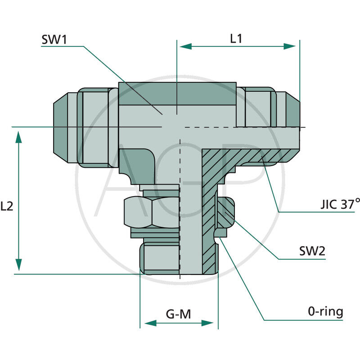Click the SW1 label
pyautogui.click(x=54, y=39)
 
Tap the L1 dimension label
pyautogui.click(x=236, y=39)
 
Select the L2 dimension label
pyautogui.click(x=7, y=207)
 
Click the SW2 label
pyautogui.click(x=312, y=252)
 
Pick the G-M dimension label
pyautogui.click(x=178, y=314)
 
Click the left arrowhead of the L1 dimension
pyautogui.click(x=184, y=46)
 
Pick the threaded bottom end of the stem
pyautogui.click(x=161, y=258)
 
